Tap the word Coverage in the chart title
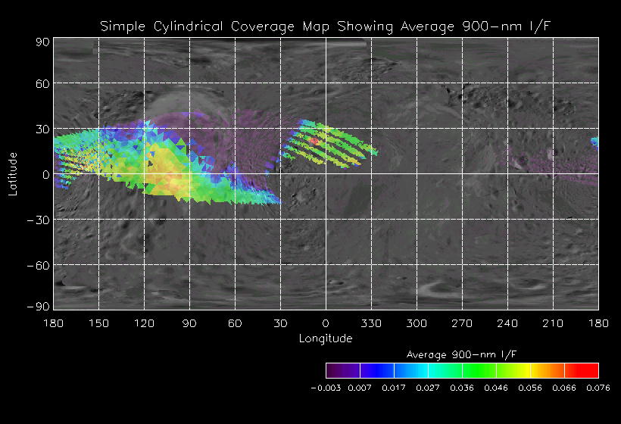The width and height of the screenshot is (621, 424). pyautogui.click(x=258, y=27)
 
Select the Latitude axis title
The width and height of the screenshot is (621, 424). pyautogui.click(x=13, y=173)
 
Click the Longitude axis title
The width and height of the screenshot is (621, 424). pyautogui.click(x=326, y=338)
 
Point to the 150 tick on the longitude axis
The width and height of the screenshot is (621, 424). pyautogui.click(x=98, y=323)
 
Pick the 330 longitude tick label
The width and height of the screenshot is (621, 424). pyautogui.click(x=371, y=323)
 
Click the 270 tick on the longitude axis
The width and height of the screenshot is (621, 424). pyautogui.click(x=462, y=323)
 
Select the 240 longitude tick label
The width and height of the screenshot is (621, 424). pyautogui.click(x=507, y=323)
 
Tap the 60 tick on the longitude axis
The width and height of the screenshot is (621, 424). pyautogui.click(x=235, y=323)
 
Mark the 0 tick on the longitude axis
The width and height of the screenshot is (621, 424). pyautogui.click(x=326, y=323)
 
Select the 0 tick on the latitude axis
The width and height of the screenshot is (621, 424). pyautogui.click(x=46, y=175)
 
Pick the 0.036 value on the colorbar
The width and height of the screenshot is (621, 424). pyautogui.click(x=462, y=387)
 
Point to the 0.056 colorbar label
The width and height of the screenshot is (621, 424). pyautogui.click(x=530, y=387)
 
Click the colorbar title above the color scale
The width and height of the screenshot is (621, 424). pyautogui.click(x=462, y=354)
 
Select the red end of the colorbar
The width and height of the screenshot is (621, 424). pyautogui.click(x=591, y=370)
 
